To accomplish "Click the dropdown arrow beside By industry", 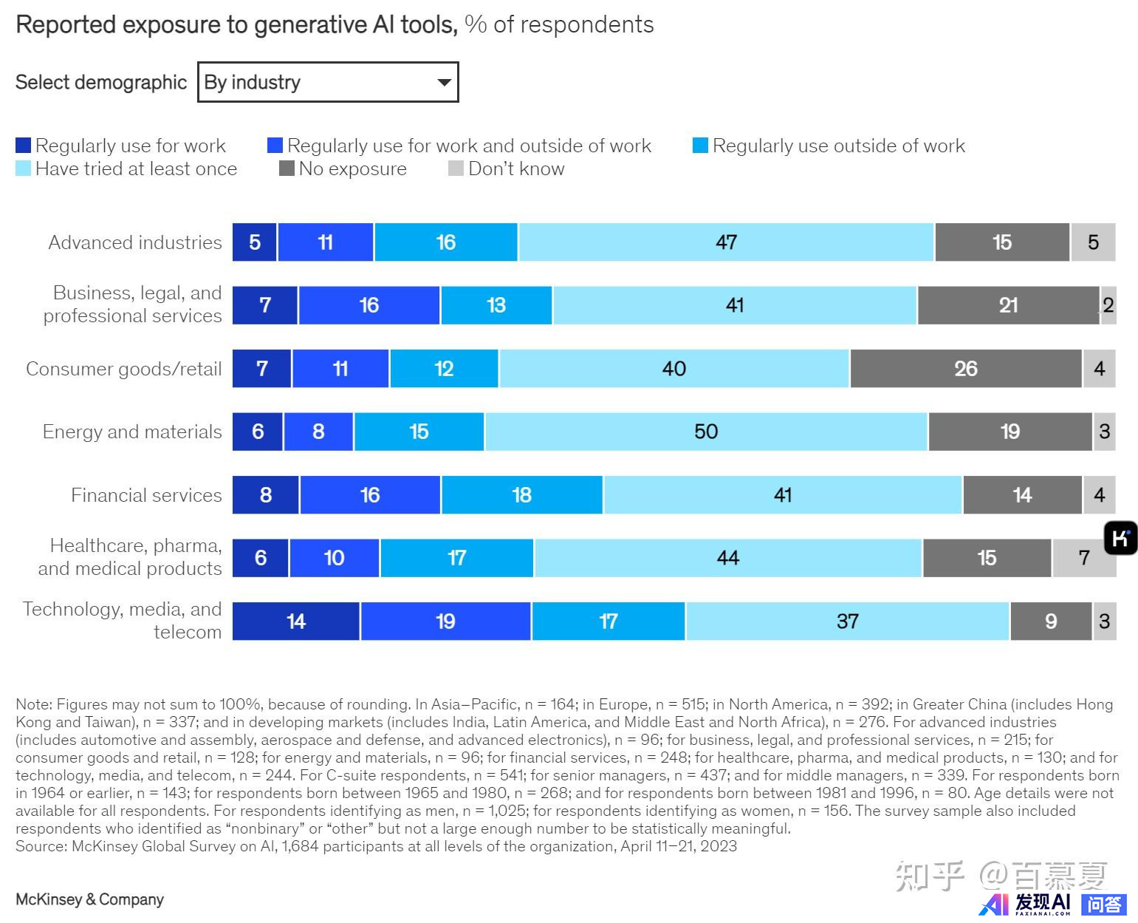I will click(x=444, y=82).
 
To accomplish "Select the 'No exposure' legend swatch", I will click(x=287, y=168).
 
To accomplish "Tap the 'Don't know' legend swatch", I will click(x=456, y=168).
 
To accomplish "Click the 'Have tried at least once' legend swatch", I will click(x=24, y=168).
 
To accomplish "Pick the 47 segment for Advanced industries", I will click(x=726, y=242).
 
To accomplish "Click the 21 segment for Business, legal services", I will click(x=1008, y=305).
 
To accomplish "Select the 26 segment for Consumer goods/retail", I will click(x=965, y=369).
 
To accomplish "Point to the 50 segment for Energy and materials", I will click(x=706, y=432).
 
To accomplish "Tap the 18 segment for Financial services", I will click(x=521, y=495).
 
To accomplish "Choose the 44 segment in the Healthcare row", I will click(x=727, y=558).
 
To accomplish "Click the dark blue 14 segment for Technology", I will click(x=296, y=621).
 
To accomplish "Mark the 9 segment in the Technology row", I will click(x=1050, y=621).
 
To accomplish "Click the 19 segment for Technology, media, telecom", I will click(x=445, y=621).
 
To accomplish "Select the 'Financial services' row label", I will click(x=146, y=495).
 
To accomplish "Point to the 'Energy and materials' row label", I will click(x=132, y=432).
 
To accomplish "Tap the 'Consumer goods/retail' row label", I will click(x=124, y=369).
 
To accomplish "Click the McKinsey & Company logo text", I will click(x=89, y=899).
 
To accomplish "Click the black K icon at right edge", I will click(x=1120, y=538).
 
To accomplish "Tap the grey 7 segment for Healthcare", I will click(x=1083, y=558).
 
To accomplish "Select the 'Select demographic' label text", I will click(x=101, y=82).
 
